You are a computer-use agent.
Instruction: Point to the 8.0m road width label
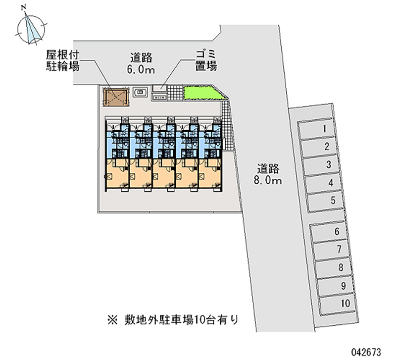click(x=268, y=174)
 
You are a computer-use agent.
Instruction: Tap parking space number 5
click(x=329, y=201)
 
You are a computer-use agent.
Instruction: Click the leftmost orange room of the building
click(x=116, y=176)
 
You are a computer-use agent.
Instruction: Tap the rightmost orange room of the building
click(x=210, y=176)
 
